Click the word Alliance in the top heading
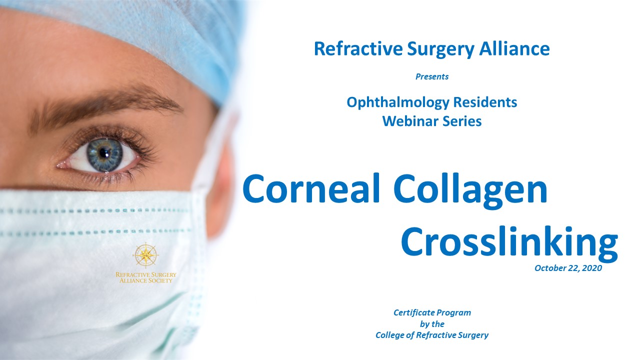514,48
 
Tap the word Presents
432,76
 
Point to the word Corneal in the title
311,188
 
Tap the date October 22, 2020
568,268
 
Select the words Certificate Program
432,313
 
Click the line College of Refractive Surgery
432,335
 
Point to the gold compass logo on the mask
145,255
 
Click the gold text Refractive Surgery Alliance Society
145,277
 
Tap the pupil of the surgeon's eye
104,153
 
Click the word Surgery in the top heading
440,49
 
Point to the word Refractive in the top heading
358,48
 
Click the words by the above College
432,324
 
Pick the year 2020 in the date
592,268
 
